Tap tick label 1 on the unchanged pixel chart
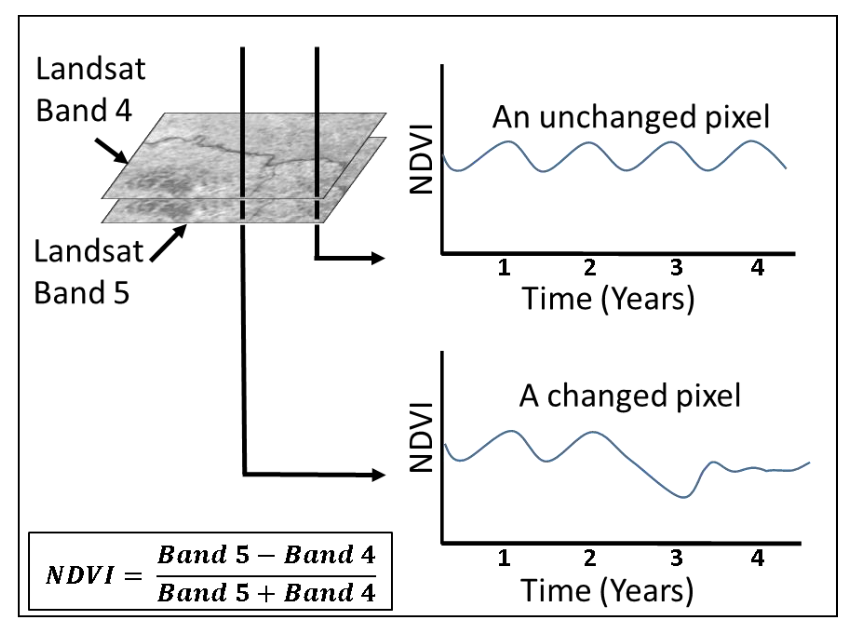click(x=504, y=268)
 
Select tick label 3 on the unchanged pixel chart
click(x=676, y=268)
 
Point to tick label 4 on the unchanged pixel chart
click(x=757, y=268)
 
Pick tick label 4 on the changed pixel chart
click(x=757, y=558)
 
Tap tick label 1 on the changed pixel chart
click(x=504, y=558)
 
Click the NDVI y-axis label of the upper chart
click(x=421, y=159)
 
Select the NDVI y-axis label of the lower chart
click(x=421, y=437)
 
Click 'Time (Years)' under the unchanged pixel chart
click(x=608, y=300)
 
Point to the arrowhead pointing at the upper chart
click(x=378, y=258)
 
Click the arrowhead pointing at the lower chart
click(x=378, y=475)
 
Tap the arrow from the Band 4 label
click(x=111, y=151)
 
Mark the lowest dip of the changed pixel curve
click(x=684, y=497)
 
